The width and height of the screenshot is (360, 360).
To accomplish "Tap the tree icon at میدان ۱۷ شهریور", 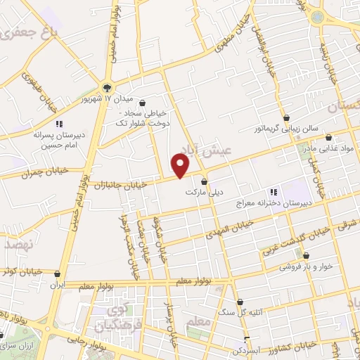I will (x=107, y=88).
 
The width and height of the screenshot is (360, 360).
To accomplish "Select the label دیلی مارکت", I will (x=199, y=192).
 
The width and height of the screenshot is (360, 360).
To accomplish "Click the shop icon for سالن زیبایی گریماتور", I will (x=288, y=117).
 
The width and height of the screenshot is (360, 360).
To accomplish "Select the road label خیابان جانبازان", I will (x=124, y=184).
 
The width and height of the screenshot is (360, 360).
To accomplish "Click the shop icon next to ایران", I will (x=58, y=274).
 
